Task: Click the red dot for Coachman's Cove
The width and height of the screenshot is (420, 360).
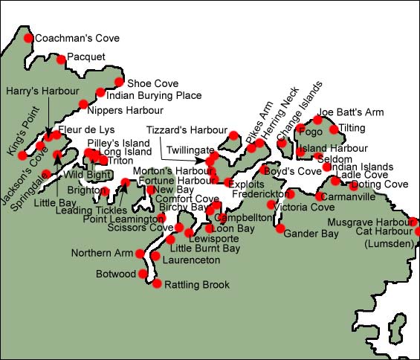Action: click(28, 38)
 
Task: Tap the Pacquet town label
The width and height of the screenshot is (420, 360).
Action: click(86, 57)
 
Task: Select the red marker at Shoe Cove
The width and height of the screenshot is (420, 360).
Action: click(119, 83)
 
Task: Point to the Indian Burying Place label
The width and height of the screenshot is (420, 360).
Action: click(154, 95)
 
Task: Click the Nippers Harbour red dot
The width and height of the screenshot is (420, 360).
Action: click(83, 104)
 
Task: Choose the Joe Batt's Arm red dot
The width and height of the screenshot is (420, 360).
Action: click(317, 120)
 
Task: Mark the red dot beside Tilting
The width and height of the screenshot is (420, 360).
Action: click(334, 129)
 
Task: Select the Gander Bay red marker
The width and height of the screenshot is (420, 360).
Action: click(280, 229)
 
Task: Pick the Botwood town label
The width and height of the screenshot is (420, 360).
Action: click(116, 274)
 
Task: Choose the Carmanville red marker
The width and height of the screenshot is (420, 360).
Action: click(320, 196)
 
